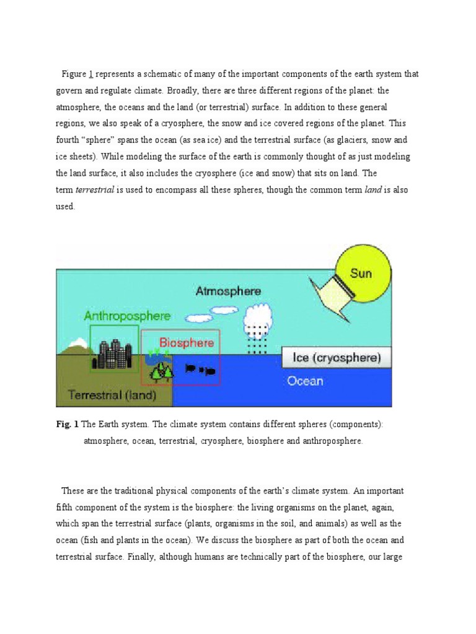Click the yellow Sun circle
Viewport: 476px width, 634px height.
point(362,273)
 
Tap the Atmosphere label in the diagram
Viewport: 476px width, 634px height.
point(228,290)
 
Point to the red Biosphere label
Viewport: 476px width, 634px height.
point(187,342)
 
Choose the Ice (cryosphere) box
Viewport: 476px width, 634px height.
point(337,357)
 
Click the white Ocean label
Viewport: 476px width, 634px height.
point(305,381)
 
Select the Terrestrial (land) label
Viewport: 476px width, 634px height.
point(112,394)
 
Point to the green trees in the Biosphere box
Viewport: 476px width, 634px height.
point(163,370)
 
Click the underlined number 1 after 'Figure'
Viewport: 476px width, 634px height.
point(91,74)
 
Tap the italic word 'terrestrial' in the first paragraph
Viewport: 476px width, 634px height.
point(95,190)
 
